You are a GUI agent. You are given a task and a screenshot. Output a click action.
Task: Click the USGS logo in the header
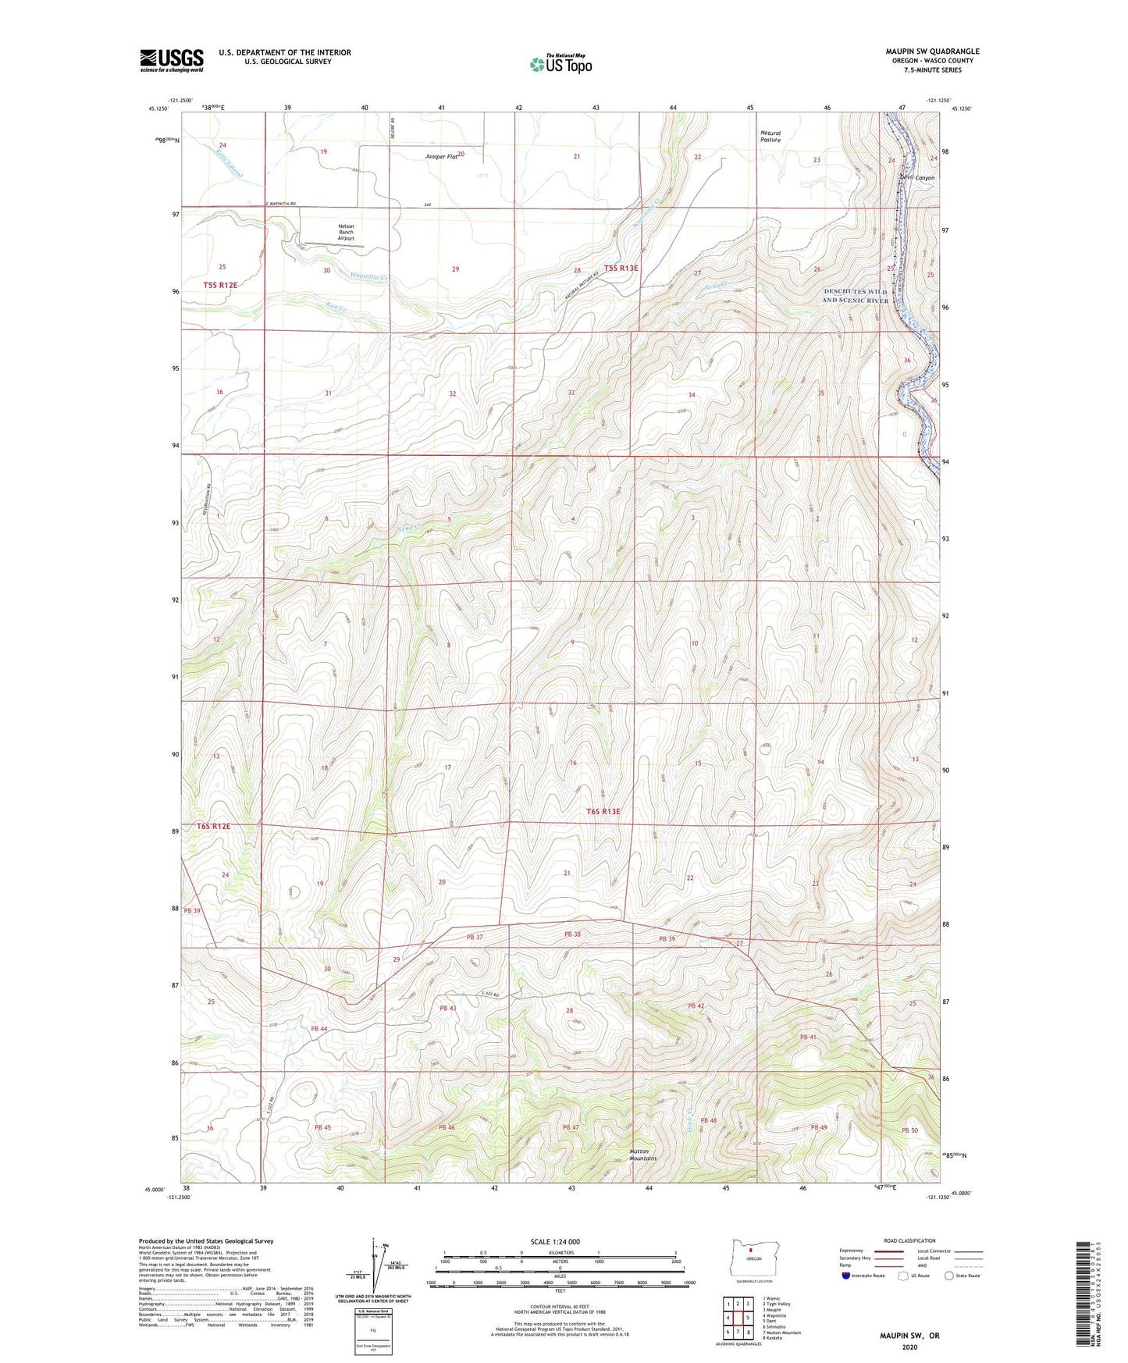172,60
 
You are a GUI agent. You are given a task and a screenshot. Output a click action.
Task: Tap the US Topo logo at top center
560,64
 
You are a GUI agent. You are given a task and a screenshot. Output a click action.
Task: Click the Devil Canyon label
916,178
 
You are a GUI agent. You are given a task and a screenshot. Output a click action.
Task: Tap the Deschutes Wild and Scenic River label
856,296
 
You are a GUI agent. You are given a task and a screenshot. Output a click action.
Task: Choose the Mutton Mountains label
644,1155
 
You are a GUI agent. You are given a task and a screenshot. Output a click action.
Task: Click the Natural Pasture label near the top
770,137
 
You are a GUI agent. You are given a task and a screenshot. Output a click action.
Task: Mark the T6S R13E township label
603,812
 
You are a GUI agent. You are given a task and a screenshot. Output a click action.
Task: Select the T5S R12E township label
220,286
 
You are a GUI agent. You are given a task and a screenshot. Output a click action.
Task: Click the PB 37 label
475,937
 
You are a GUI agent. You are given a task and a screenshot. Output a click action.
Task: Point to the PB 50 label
909,1130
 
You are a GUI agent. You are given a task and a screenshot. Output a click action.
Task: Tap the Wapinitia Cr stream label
369,277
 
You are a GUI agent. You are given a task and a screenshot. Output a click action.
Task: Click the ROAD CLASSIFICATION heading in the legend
909,1240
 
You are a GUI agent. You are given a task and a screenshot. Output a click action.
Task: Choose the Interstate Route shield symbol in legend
847,1276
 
